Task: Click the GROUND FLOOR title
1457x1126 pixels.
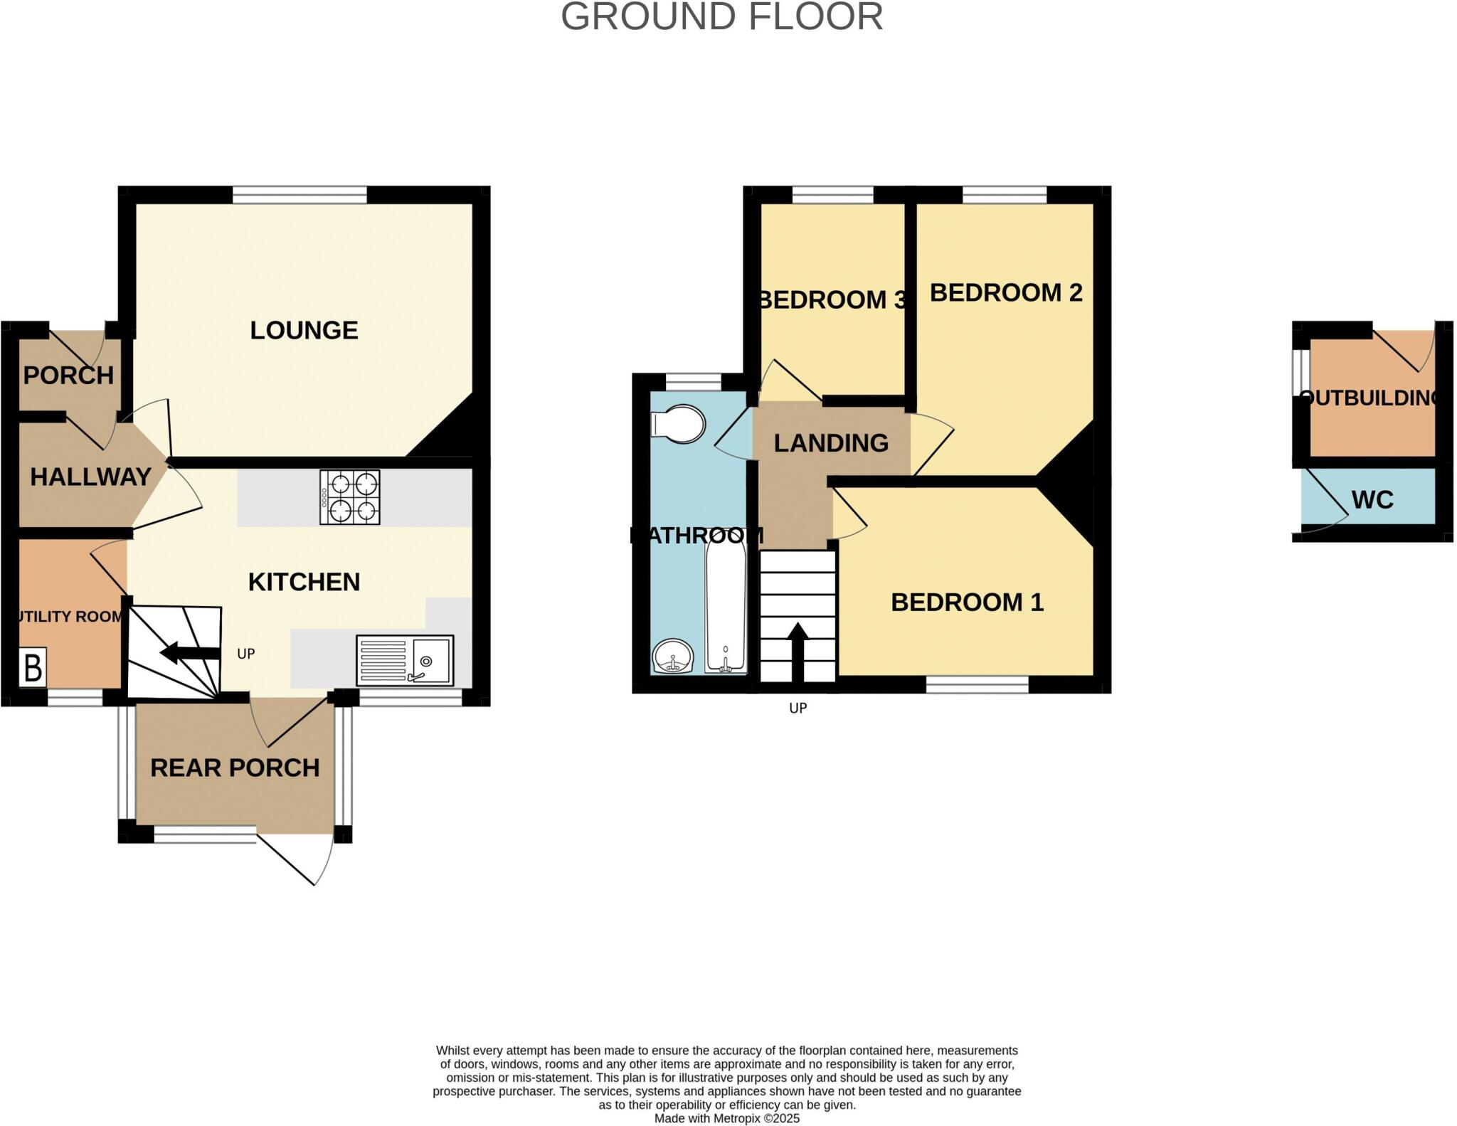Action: pos(721,17)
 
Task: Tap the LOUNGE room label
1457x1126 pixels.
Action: pos(304,330)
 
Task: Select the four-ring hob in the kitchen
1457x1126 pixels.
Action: pos(349,497)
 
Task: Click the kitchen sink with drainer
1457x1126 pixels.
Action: pos(404,660)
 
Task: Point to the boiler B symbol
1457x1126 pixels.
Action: pos(33,667)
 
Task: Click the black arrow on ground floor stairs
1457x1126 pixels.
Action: pos(189,652)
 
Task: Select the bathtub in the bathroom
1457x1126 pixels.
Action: pos(726,609)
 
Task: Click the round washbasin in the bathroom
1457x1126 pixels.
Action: pos(672,655)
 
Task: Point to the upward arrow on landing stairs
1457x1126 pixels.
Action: pos(798,652)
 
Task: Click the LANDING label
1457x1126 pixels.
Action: pos(831,443)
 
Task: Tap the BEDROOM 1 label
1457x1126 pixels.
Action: pos(967,602)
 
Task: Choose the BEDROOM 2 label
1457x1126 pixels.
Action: pos(1005,292)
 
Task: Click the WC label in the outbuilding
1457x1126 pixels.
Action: pos(1372,500)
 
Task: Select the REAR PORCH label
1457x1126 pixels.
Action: pos(235,768)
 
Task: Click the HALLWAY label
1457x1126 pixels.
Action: pos(90,477)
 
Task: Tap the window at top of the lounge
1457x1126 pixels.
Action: pos(300,193)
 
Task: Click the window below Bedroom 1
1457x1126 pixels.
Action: pos(977,684)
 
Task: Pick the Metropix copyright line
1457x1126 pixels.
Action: pos(726,1118)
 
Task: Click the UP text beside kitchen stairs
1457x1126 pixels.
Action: pos(245,654)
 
